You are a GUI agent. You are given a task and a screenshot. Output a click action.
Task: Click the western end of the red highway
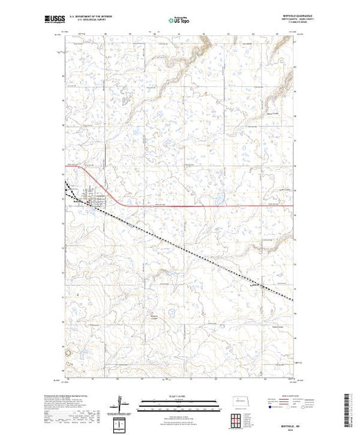(66, 166)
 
